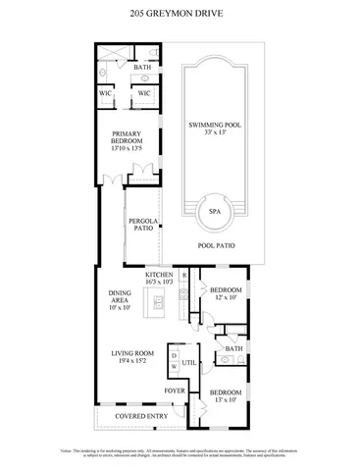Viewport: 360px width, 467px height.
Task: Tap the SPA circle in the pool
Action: click(213, 211)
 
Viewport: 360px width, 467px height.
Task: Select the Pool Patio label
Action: click(213, 246)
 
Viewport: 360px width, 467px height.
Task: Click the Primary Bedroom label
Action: click(129, 142)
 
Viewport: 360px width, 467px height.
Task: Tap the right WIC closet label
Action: click(144, 93)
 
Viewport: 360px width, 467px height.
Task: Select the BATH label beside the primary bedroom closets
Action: click(142, 68)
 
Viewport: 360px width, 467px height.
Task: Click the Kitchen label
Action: click(159, 278)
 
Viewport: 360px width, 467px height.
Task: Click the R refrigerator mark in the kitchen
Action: click(183, 276)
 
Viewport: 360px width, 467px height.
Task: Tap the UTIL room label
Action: click(189, 363)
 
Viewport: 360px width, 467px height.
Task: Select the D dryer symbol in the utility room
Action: click(173, 355)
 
